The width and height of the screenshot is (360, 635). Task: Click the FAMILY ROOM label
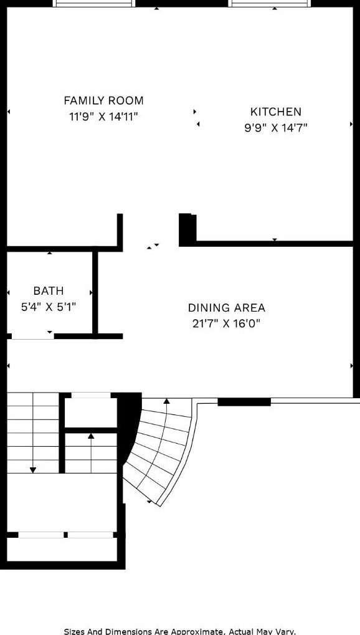coord(103,100)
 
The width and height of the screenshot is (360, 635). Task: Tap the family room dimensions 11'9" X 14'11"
coord(103,116)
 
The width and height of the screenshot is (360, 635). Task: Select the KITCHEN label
coord(275,112)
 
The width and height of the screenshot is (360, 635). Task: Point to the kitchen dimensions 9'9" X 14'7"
coord(275,128)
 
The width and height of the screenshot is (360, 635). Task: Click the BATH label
coord(49,291)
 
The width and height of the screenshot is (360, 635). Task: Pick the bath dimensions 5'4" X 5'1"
coord(49,307)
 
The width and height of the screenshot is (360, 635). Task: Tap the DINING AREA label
coord(226,308)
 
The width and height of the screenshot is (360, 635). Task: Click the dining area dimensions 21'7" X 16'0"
coord(226,323)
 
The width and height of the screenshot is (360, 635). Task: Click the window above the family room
coord(94,3)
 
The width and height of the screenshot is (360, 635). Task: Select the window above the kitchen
coord(270,3)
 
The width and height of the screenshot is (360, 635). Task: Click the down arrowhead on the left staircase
coord(33,469)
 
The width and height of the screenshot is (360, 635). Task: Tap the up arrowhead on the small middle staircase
coord(91,436)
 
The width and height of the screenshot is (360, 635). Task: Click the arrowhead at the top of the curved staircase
coord(166,401)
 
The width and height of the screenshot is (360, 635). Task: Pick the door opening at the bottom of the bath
coord(32,337)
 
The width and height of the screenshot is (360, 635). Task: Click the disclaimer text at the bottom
coord(179,631)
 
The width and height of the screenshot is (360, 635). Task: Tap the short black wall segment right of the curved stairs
coord(244,402)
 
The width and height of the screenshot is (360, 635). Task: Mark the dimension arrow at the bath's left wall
coord(9,292)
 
